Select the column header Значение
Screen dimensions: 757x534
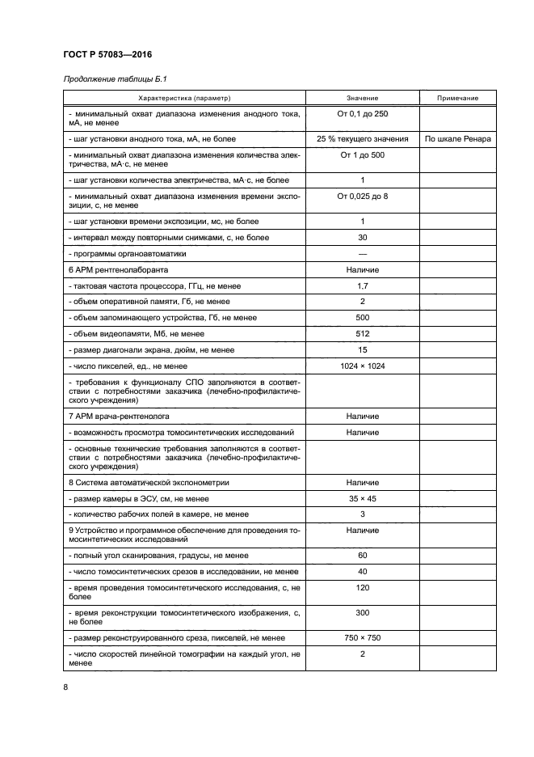[362, 98]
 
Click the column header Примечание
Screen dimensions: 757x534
[458, 98]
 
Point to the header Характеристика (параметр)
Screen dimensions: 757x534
[184, 98]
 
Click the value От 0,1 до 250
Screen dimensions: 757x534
[362, 114]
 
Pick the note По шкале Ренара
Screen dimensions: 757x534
[458, 138]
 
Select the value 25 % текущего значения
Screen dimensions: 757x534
[362, 138]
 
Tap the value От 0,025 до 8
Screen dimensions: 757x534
[362, 197]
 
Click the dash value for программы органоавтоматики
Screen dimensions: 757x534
[362, 253]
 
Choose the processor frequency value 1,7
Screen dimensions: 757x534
[362, 285]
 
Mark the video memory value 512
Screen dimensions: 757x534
[362, 334]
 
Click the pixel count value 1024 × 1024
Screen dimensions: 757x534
[362, 366]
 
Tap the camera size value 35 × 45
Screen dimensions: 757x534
[362, 497]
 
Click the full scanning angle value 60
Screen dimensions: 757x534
[362, 555]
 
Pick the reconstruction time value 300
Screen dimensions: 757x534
[362, 612]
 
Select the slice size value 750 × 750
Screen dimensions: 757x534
[362, 637]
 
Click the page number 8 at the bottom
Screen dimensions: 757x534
[65, 687]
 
